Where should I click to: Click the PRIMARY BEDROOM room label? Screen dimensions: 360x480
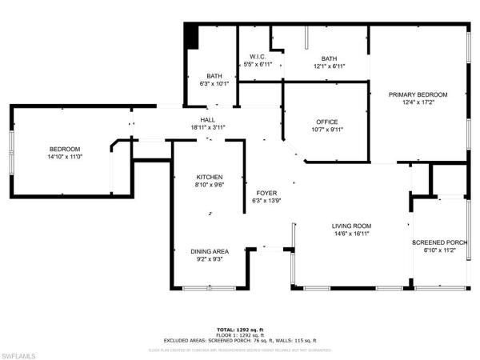(x=418, y=94)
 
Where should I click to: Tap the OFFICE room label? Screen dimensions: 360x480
(x=326, y=122)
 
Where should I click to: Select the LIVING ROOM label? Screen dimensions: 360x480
(x=352, y=226)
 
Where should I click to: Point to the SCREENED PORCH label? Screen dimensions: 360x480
(x=439, y=242)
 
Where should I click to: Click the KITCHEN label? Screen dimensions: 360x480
(x=210, y=177)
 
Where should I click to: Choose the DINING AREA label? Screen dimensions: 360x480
(x=210, y=251)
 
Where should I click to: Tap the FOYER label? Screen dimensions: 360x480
(x=266, y=193)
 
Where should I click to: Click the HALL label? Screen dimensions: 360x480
(x=208, y=119)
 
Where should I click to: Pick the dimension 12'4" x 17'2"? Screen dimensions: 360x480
(x=418, y=102)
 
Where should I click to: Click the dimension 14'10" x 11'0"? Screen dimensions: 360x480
(x=65, y=157)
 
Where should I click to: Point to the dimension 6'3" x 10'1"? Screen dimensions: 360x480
(x=214, y=82)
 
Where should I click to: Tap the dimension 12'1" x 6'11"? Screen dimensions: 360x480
(x=329, y=66)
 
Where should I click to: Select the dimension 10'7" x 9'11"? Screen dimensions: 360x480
(x=326, y=130)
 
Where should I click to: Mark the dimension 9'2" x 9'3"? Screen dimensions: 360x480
(x=210, y=259)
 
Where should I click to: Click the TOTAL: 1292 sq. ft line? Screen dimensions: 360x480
(x=240, y=329)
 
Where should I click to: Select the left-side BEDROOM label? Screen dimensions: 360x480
(x=65, y=149)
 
